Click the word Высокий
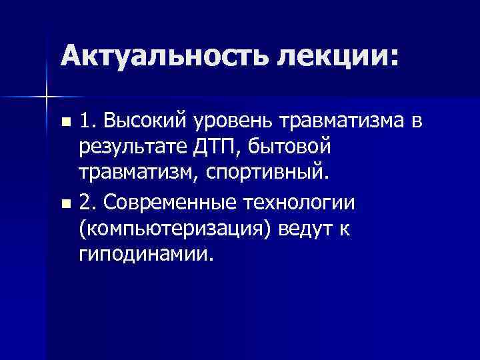click(x=142, y=122)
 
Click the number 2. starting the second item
click(x=86, y=202)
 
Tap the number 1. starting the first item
click(x=86, y=122)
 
